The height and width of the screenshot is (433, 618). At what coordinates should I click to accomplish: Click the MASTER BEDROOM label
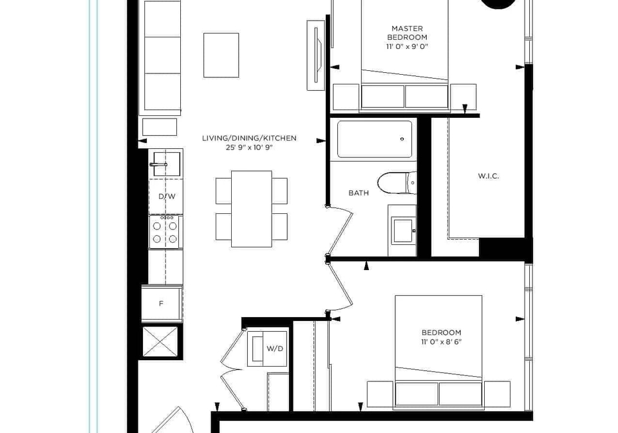(x=407, y=33)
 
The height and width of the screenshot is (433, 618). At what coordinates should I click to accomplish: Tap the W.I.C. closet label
(x=489, y=176)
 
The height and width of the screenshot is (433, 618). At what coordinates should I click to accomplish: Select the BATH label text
(x=359, y=193)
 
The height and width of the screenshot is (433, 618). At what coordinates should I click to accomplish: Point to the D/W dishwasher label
(x=167, y=197)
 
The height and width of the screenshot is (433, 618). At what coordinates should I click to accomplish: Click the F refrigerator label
(x=161, y=303)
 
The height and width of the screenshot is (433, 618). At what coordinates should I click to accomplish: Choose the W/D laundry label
(x=275, y=349)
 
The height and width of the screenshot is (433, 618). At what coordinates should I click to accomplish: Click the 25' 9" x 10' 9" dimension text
(x=249, y=148)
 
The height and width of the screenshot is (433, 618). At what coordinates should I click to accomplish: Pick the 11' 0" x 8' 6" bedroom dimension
(x=441, y=342)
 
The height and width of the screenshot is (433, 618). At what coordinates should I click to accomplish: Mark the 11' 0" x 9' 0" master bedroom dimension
(x=407, y=46)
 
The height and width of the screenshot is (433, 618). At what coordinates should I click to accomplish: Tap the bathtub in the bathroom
(x=375, y=140)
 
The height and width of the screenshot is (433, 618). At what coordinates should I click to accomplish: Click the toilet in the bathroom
(x=397, y=183)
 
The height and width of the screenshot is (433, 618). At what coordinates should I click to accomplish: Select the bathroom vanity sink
(x=402, y=230)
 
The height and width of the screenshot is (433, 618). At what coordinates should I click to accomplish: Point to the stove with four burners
(x=165, y=232)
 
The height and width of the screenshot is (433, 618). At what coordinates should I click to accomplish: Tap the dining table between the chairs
(x=252, y=209)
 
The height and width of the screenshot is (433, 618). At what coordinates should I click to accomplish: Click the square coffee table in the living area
(x=221, y=55)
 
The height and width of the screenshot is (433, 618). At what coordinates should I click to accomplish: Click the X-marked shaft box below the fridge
(x=161, y=342)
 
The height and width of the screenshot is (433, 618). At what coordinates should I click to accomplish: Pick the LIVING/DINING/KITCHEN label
(x=249, y=138)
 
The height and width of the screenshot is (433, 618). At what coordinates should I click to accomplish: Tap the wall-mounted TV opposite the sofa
(x=315, y=55)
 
